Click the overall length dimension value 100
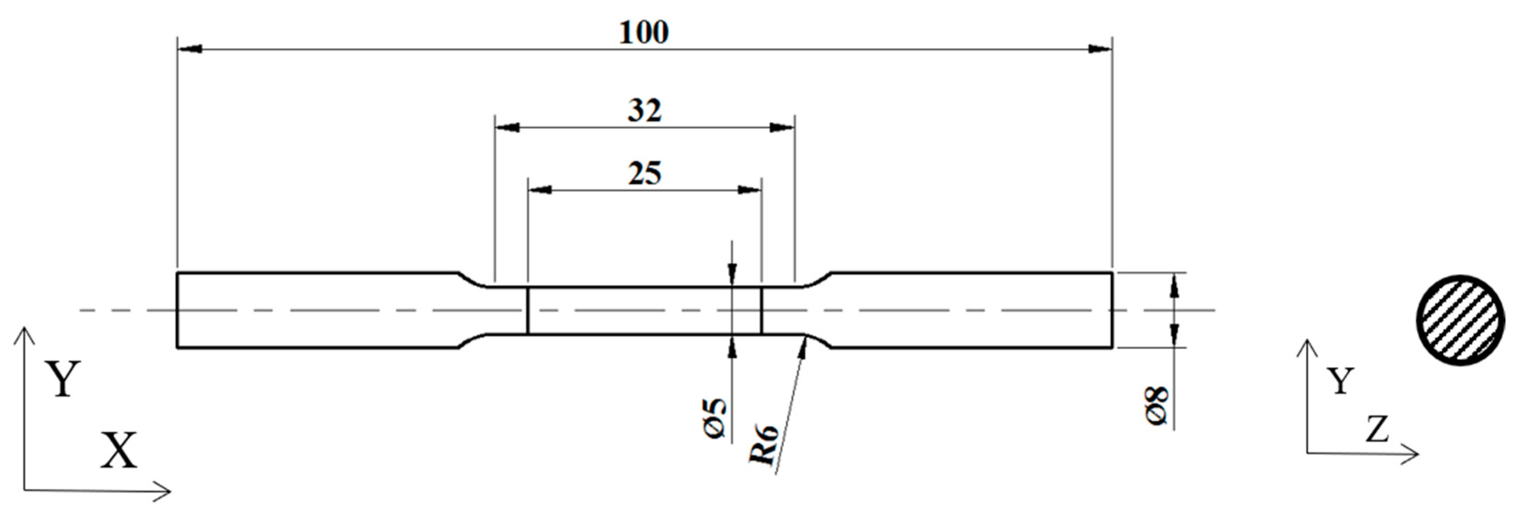(x=644, y=33)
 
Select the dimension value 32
(x=645, y=111)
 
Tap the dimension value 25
(x=645, y=174)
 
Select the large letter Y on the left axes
(x=63, y=379)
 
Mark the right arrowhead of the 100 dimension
(x=1099, y=49)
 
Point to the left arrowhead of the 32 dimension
(x=507, y=127)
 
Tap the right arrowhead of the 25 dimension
(x=750, y=190)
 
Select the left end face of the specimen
(x=178, y=311)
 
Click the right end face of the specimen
(x=1111, y=311)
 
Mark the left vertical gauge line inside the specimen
(x=528, y=311)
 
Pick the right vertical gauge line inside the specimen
(x=762, y=311)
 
